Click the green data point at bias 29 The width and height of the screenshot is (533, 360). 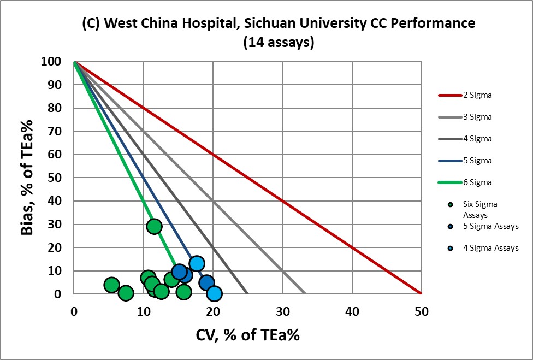(x=155, y=226)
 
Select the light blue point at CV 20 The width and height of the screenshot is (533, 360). (x=214, y=293)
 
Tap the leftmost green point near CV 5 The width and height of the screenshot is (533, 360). (x=111, y=285)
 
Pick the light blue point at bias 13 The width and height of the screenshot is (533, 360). (x=197, y=263)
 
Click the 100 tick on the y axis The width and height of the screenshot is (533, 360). (x=50, y=62)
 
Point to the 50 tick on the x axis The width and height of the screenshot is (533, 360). (x=421, y=312)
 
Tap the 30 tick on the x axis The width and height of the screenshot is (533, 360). (x=282, y=312)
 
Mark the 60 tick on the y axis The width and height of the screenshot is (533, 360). (x=54, y=155)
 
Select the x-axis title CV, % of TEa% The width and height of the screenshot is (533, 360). (x=247, y=335)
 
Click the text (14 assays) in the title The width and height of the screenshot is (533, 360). (x=279, y=43)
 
